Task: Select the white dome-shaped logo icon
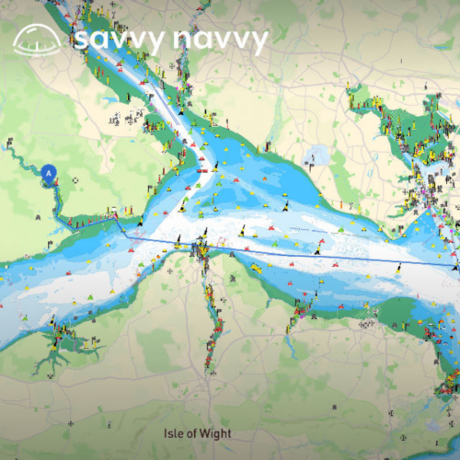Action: pos(38,39)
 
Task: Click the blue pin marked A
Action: pos(50,171)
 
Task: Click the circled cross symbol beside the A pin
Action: pos(75,180)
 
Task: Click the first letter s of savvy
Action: pos(82,40)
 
